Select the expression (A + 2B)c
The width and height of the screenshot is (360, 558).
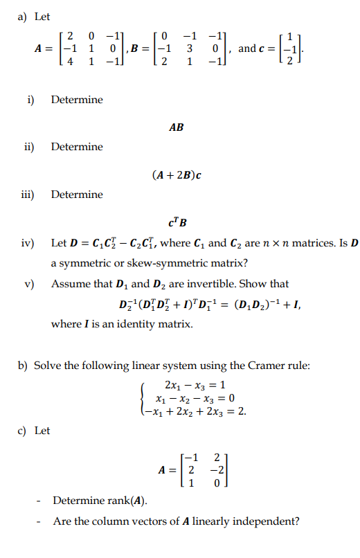(x=176, y=175)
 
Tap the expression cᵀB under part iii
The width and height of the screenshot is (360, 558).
(x=177, y=223)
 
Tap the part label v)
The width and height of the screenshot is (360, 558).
(x=29, y=284)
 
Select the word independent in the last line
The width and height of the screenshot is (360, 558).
(x=264, y=521)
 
